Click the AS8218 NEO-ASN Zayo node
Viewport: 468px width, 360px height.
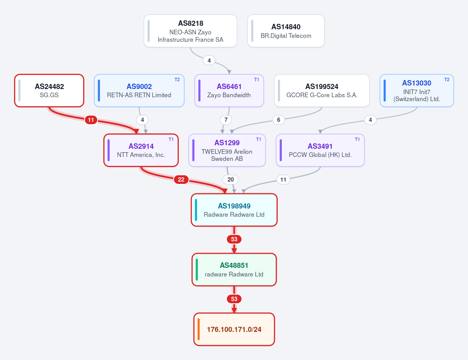[x=190, y=31]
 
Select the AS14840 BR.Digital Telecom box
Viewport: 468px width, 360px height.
[x=286, y=31]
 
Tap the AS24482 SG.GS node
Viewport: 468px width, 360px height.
[x=49, y=91]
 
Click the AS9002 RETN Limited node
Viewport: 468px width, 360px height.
[x=139, y=91]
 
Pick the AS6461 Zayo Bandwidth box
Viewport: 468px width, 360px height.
[x=229, y=91]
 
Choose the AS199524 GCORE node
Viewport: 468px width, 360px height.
[x=322, y=91]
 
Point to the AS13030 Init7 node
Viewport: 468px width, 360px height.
[x=416, y=91]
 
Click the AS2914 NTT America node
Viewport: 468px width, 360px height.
[x=141, y=150]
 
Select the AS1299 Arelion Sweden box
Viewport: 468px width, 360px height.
[x=227, y=150]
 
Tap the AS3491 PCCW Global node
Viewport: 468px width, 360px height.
[x=320, y=150]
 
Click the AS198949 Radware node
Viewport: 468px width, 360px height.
[x=234, y=210]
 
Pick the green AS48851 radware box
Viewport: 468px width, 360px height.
[x=234, y=269]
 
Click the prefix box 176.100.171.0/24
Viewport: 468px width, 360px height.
[x=234, y=329]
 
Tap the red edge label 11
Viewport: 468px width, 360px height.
[x=91, y=120]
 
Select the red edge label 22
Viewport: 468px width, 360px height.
[x=181, y=179]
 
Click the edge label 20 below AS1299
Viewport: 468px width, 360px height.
[x=230, y=179]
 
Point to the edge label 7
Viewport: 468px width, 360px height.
[x=226, y=120]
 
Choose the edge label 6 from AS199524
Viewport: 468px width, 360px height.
[x=278, y=120]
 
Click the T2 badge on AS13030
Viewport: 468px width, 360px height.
[x=447, y=80]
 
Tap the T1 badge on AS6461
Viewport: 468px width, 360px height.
[x=257, y=80]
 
